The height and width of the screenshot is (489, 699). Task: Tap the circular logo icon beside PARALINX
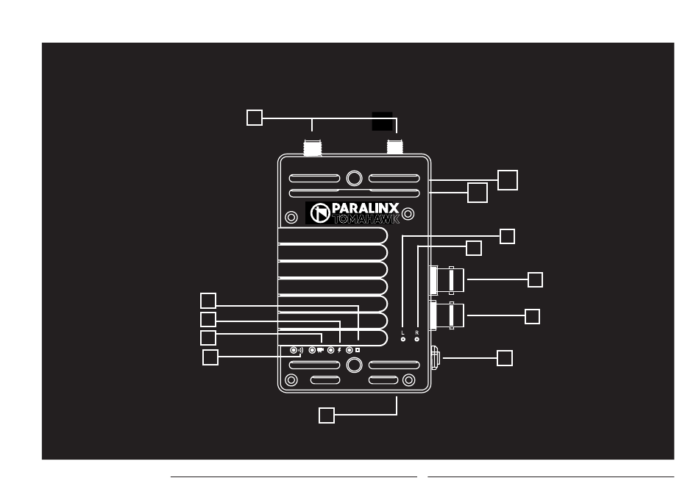tap(319, 213)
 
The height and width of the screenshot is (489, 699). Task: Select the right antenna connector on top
tap(397, 148)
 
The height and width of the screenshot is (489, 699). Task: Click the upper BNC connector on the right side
tap(448, 279)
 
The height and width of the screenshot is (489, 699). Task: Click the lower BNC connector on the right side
tap(448, 316)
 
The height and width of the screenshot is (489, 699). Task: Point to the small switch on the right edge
tap(434, 359)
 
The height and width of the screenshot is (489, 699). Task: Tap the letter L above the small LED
tap(402, 332)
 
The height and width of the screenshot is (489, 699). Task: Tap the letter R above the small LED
tap(417, 332)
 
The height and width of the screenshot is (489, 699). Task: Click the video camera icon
tap(321, 350)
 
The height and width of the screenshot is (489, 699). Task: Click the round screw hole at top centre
tap(354, 178)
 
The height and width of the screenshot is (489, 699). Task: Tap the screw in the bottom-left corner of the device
tap(291, 380)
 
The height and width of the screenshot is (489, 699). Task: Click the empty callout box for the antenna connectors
tap(254, 117)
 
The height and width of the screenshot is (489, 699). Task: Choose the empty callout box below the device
tap(327, 415)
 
